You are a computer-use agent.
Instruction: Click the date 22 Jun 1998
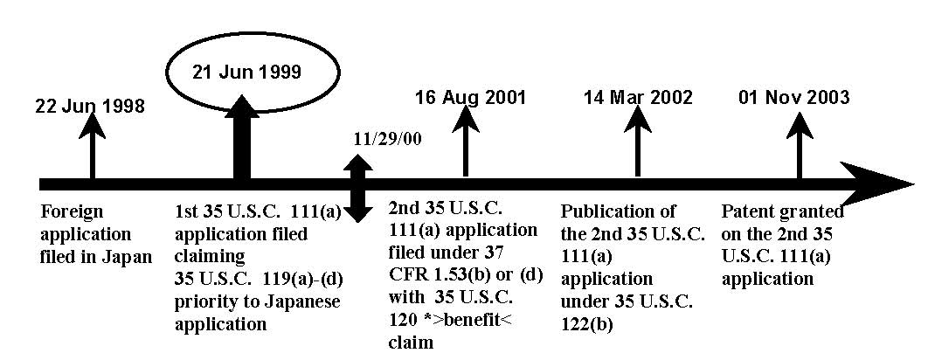(90, 107)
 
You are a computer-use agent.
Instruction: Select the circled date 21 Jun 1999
(246, 73)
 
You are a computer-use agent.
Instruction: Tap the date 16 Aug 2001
(470, 97)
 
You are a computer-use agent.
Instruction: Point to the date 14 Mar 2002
(638, 97)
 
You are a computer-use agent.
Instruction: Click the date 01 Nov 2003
(793, 97)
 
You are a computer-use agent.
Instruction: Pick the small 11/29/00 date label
(388, 142)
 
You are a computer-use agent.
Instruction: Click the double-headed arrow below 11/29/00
(358, 188)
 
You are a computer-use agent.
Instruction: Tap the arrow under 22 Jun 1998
(92, 146)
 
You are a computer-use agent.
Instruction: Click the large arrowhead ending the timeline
(876, 183)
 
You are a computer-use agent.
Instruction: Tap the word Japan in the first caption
(128, 258)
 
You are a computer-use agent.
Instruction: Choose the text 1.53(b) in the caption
(485, 276)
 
